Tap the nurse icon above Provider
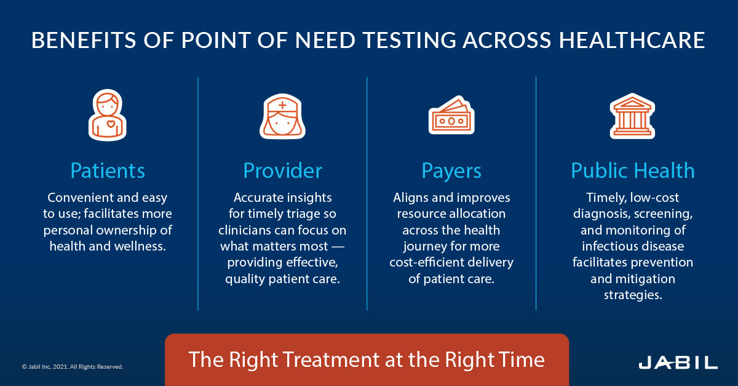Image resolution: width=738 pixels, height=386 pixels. pos(282,115)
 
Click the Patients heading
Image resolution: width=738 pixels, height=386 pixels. pos(108,171)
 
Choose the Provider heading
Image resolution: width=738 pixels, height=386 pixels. pos(282,171)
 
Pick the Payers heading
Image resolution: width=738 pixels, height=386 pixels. pos(451,171)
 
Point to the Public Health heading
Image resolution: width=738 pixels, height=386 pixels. pos(633,171)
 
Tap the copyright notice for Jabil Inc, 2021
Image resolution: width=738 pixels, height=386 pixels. pos(73,367)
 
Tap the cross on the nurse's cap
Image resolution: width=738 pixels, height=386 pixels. pos(282,105)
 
